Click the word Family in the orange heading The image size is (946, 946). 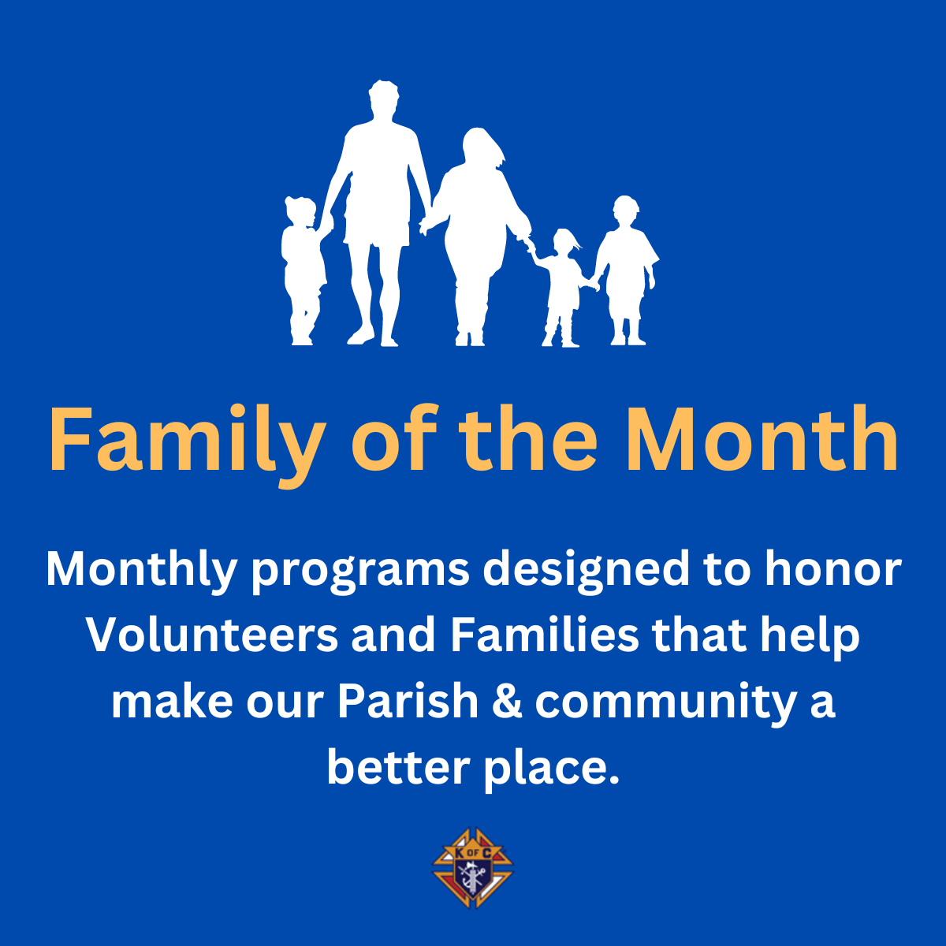tap(187, 445)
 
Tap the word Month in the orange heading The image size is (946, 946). tap(762, 439)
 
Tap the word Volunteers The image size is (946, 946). tap(212, 635)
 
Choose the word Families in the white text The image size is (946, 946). tap(545, 635)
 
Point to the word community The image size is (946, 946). tap(665, 703)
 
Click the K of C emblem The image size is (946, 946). tap(473, 867)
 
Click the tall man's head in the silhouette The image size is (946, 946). tap(383, 99)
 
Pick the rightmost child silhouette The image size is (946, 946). tap(627, 270)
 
